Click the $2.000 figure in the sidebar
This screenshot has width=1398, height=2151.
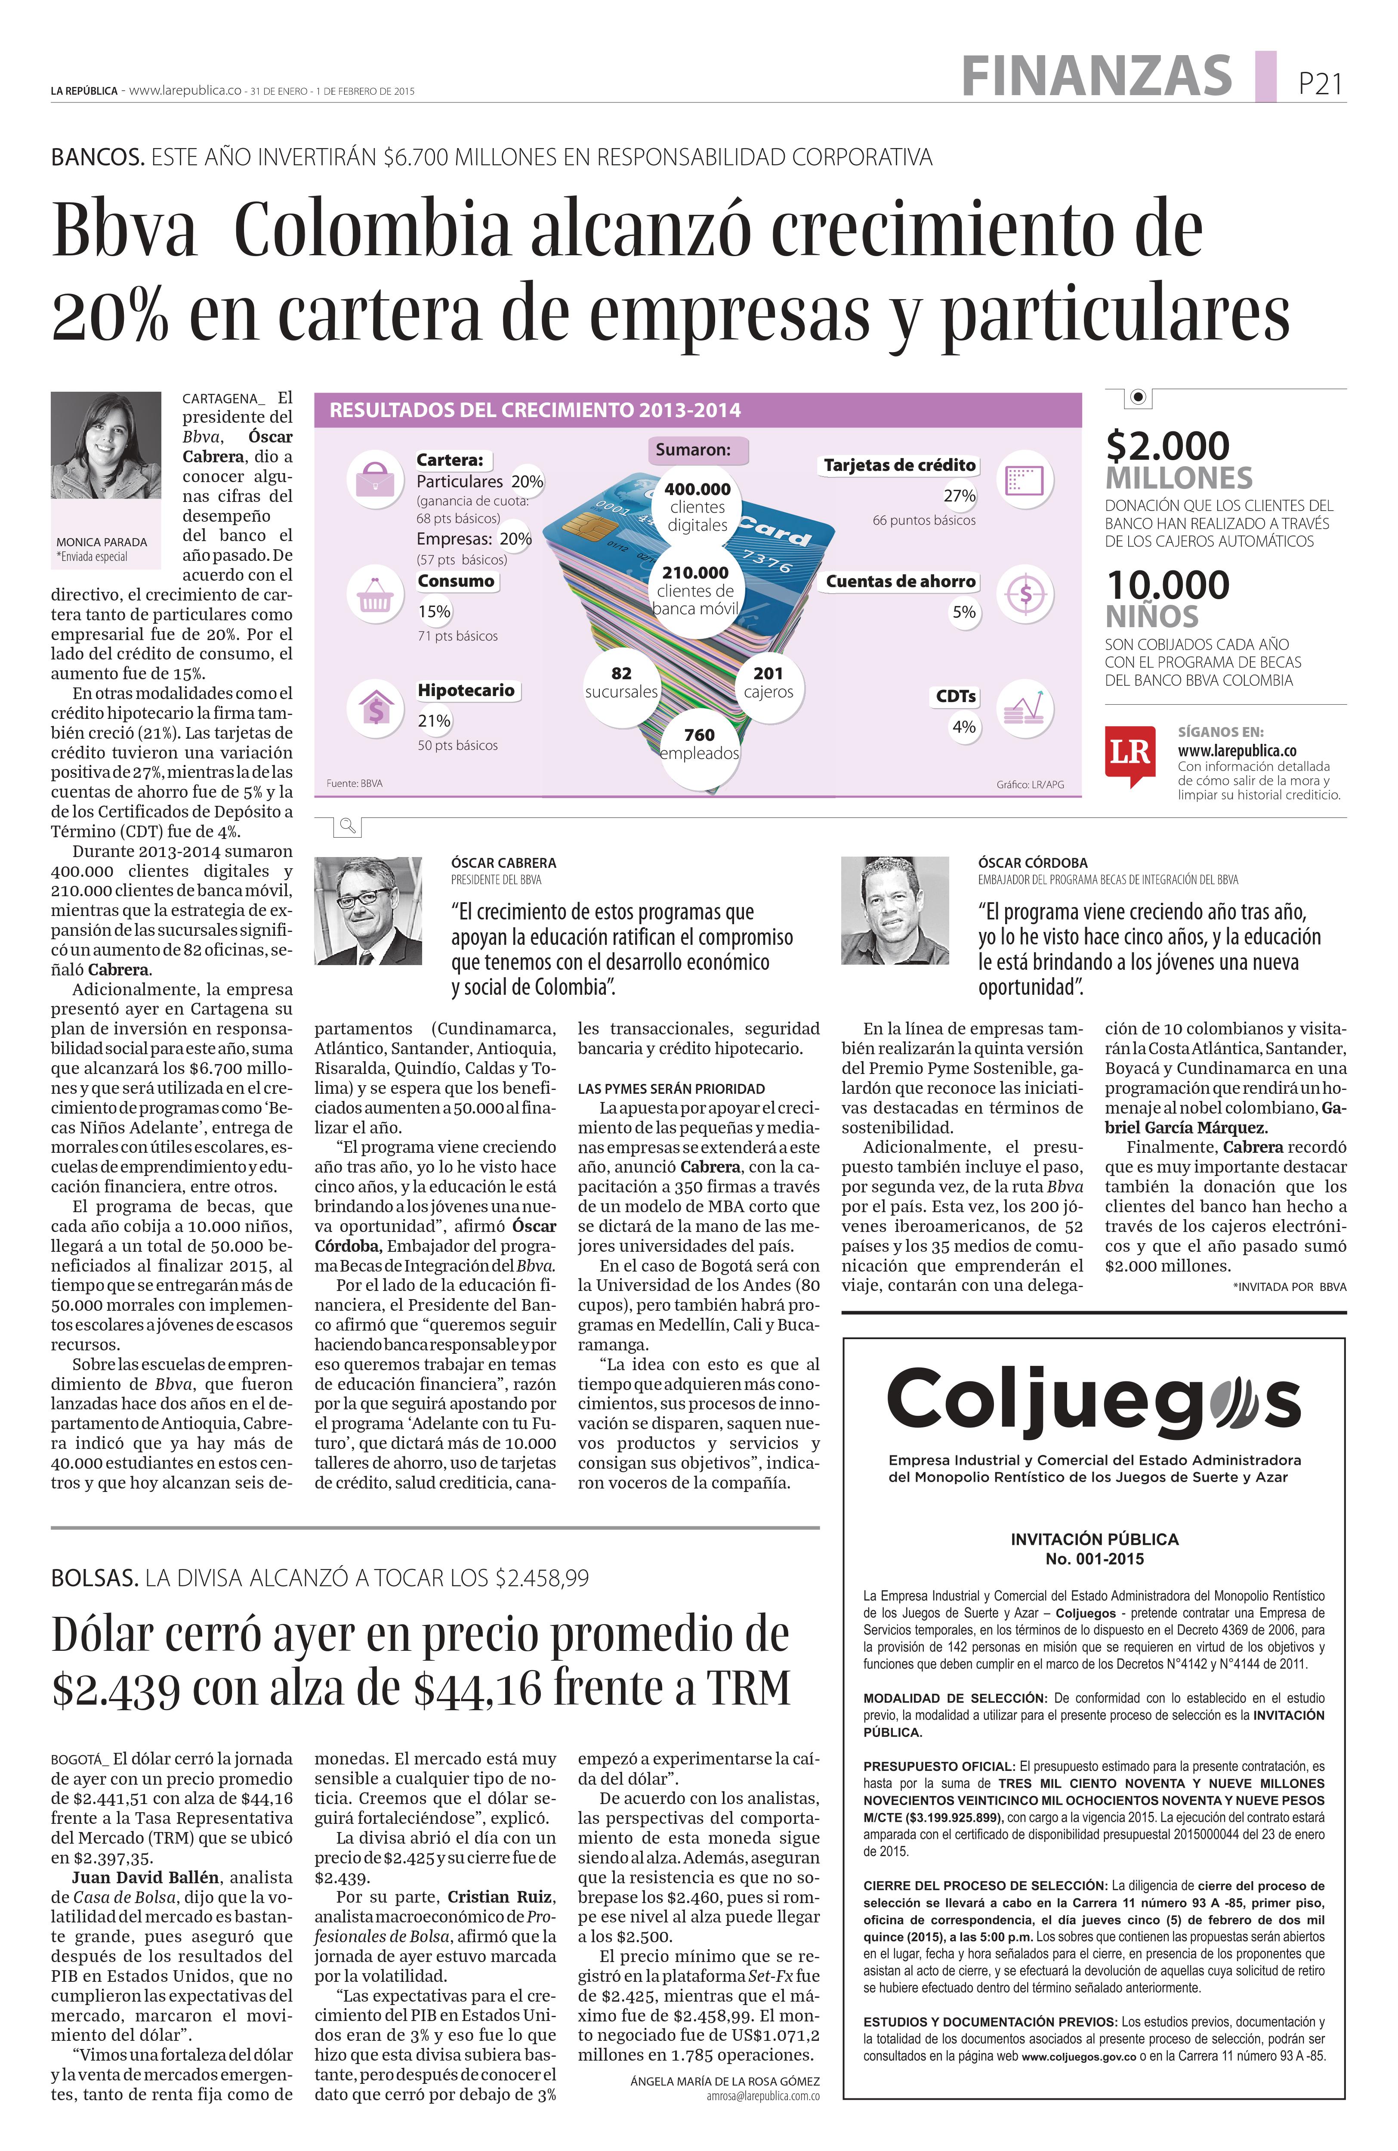click(1167, 446)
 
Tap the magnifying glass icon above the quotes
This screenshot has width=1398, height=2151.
click(346, 825)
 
